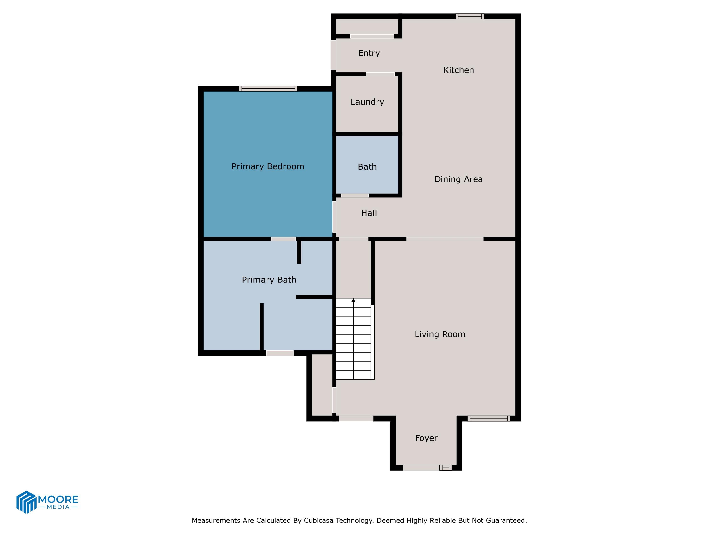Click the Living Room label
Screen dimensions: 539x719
point(440,334)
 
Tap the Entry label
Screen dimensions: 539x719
point(369,53)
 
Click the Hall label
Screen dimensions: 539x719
point(369,213)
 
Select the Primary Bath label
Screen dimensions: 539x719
point(269,280)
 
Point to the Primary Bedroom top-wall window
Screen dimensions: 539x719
point(268,88)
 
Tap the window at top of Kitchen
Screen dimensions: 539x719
point(470,16)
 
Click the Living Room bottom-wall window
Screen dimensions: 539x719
point(488,419)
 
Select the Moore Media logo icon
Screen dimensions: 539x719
point(26,502)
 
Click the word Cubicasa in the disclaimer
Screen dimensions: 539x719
point(319,521)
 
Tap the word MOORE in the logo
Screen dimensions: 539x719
point(58,499)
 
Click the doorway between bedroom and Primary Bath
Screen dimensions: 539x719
point(283,239)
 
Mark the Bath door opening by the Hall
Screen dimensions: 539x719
point(355,195)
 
